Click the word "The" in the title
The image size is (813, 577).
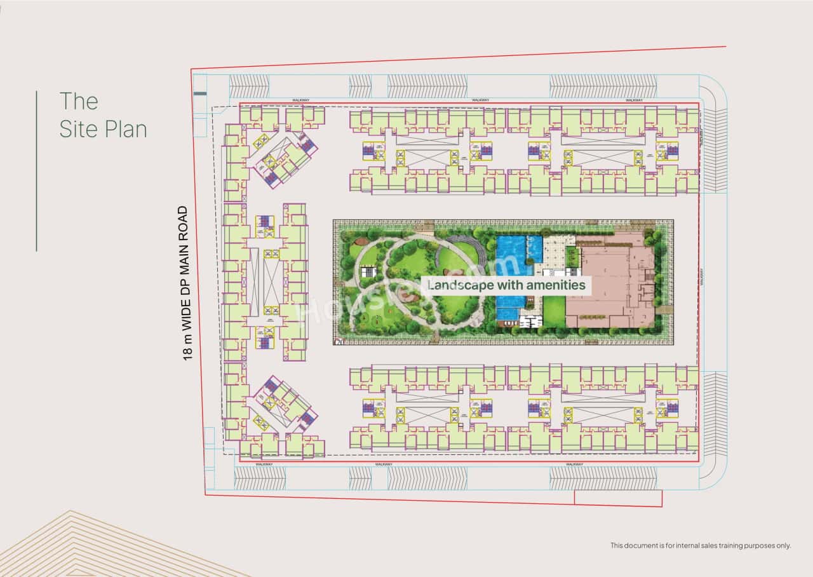[x=79, y=101]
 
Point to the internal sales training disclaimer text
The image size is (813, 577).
[x=701, y=545]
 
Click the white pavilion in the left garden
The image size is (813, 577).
[x=368, y=273]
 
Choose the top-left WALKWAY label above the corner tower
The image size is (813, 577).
[x=300, y=100]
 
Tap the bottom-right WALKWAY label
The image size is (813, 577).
[x=574, y=465]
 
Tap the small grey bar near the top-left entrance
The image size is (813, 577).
[x=200, y=94]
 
